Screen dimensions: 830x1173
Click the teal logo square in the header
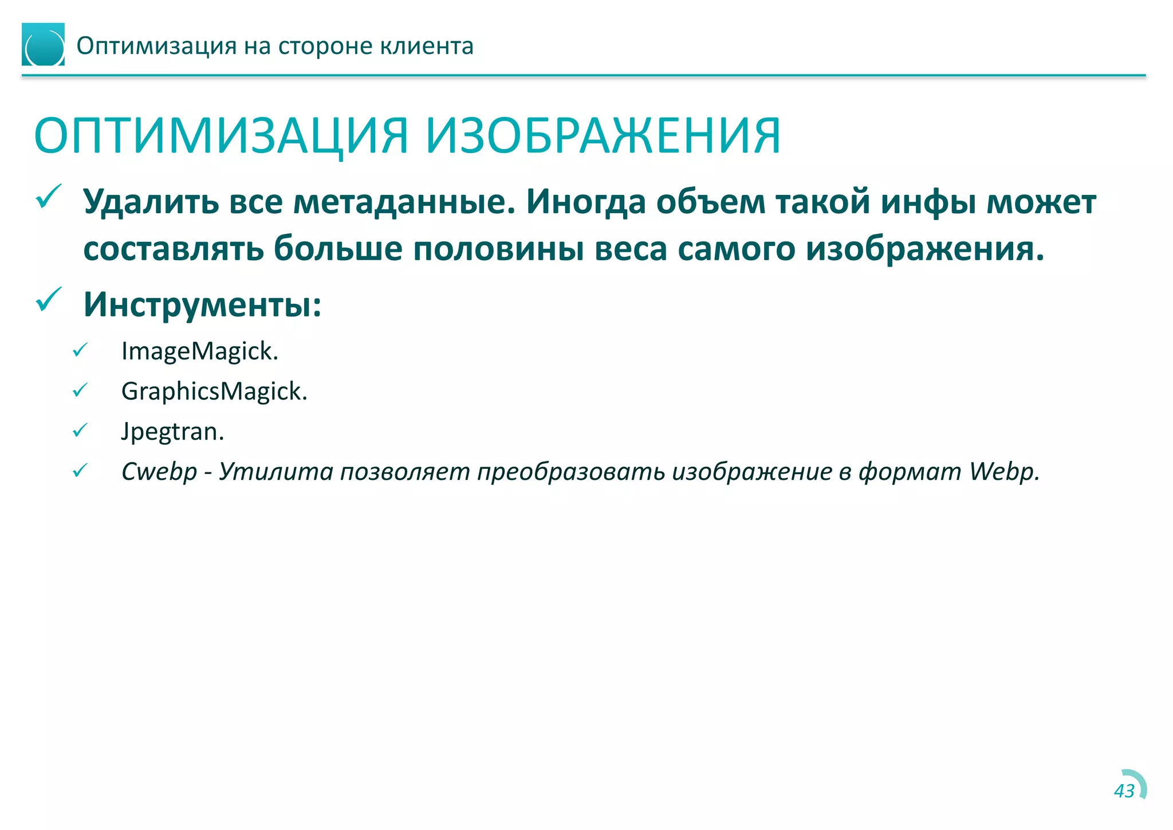click(x=43, y=45)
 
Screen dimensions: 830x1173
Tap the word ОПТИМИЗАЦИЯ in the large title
click(x=221, y=136)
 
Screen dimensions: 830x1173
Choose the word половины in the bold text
click(x=498, y=249)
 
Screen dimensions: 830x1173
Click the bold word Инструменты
click(x=202, y=304)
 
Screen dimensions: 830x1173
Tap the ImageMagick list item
click(x=199, y=351)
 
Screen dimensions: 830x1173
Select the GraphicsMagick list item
click(x=214, y=391)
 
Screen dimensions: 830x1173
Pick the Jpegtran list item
click(x=172, y=431)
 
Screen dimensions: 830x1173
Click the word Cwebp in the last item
click(x=159, y=471)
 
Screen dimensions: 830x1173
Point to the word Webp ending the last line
click(x=1003, y=471)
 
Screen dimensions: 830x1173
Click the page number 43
click(x=1124, y=791)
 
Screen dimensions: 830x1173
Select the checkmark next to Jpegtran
click(x=80, y=430)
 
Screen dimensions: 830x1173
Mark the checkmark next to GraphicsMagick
click(x=80, y=390)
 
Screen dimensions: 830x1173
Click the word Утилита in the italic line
click(x=275, y=471)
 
